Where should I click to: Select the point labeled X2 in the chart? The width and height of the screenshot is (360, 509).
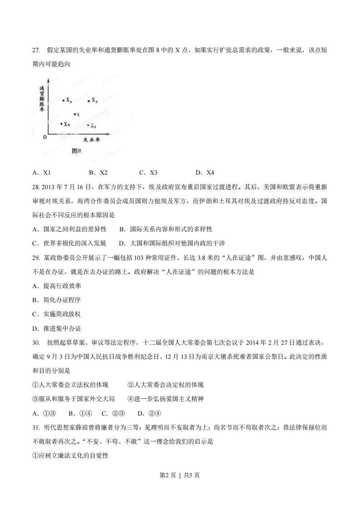[x=89, y=101]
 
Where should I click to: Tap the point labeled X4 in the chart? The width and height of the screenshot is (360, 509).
[x=61, y=123]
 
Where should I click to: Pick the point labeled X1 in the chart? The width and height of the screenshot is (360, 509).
[x=88, y=125]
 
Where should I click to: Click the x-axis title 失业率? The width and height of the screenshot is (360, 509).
[x=91, y=140]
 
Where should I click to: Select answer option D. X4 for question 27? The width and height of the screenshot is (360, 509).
[x=205, y=172]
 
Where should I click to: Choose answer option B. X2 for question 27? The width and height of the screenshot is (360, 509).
[x=98, y=172]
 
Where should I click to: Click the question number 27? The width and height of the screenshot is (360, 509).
[x=36, y=50]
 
